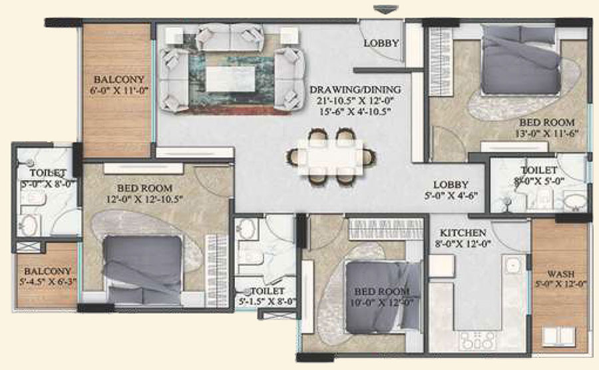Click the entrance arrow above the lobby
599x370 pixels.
tap(386, 9)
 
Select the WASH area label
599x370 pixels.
tap(560, 274)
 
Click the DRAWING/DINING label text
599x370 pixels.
tap(355, 89)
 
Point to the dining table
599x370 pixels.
tap(331, 157)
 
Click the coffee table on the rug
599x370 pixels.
tap(231, 79)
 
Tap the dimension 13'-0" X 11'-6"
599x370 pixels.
tap(546, 133)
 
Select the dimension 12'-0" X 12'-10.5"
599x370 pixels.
tap(145, 199)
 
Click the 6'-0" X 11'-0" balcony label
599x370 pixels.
tap(119, 91)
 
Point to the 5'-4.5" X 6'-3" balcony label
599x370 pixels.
tap(48, 282)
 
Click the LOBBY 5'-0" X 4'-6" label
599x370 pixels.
tap(451, 190)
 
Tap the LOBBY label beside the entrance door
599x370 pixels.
tap(381, 43)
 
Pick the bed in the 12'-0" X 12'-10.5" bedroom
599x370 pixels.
tap(142, 270)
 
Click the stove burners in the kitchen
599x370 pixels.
tap(478, 340)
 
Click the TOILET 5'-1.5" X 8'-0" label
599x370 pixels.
tap(268, 296)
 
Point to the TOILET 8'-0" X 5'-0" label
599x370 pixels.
tap(539, 175)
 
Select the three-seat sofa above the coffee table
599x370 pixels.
tap(231, 38)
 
